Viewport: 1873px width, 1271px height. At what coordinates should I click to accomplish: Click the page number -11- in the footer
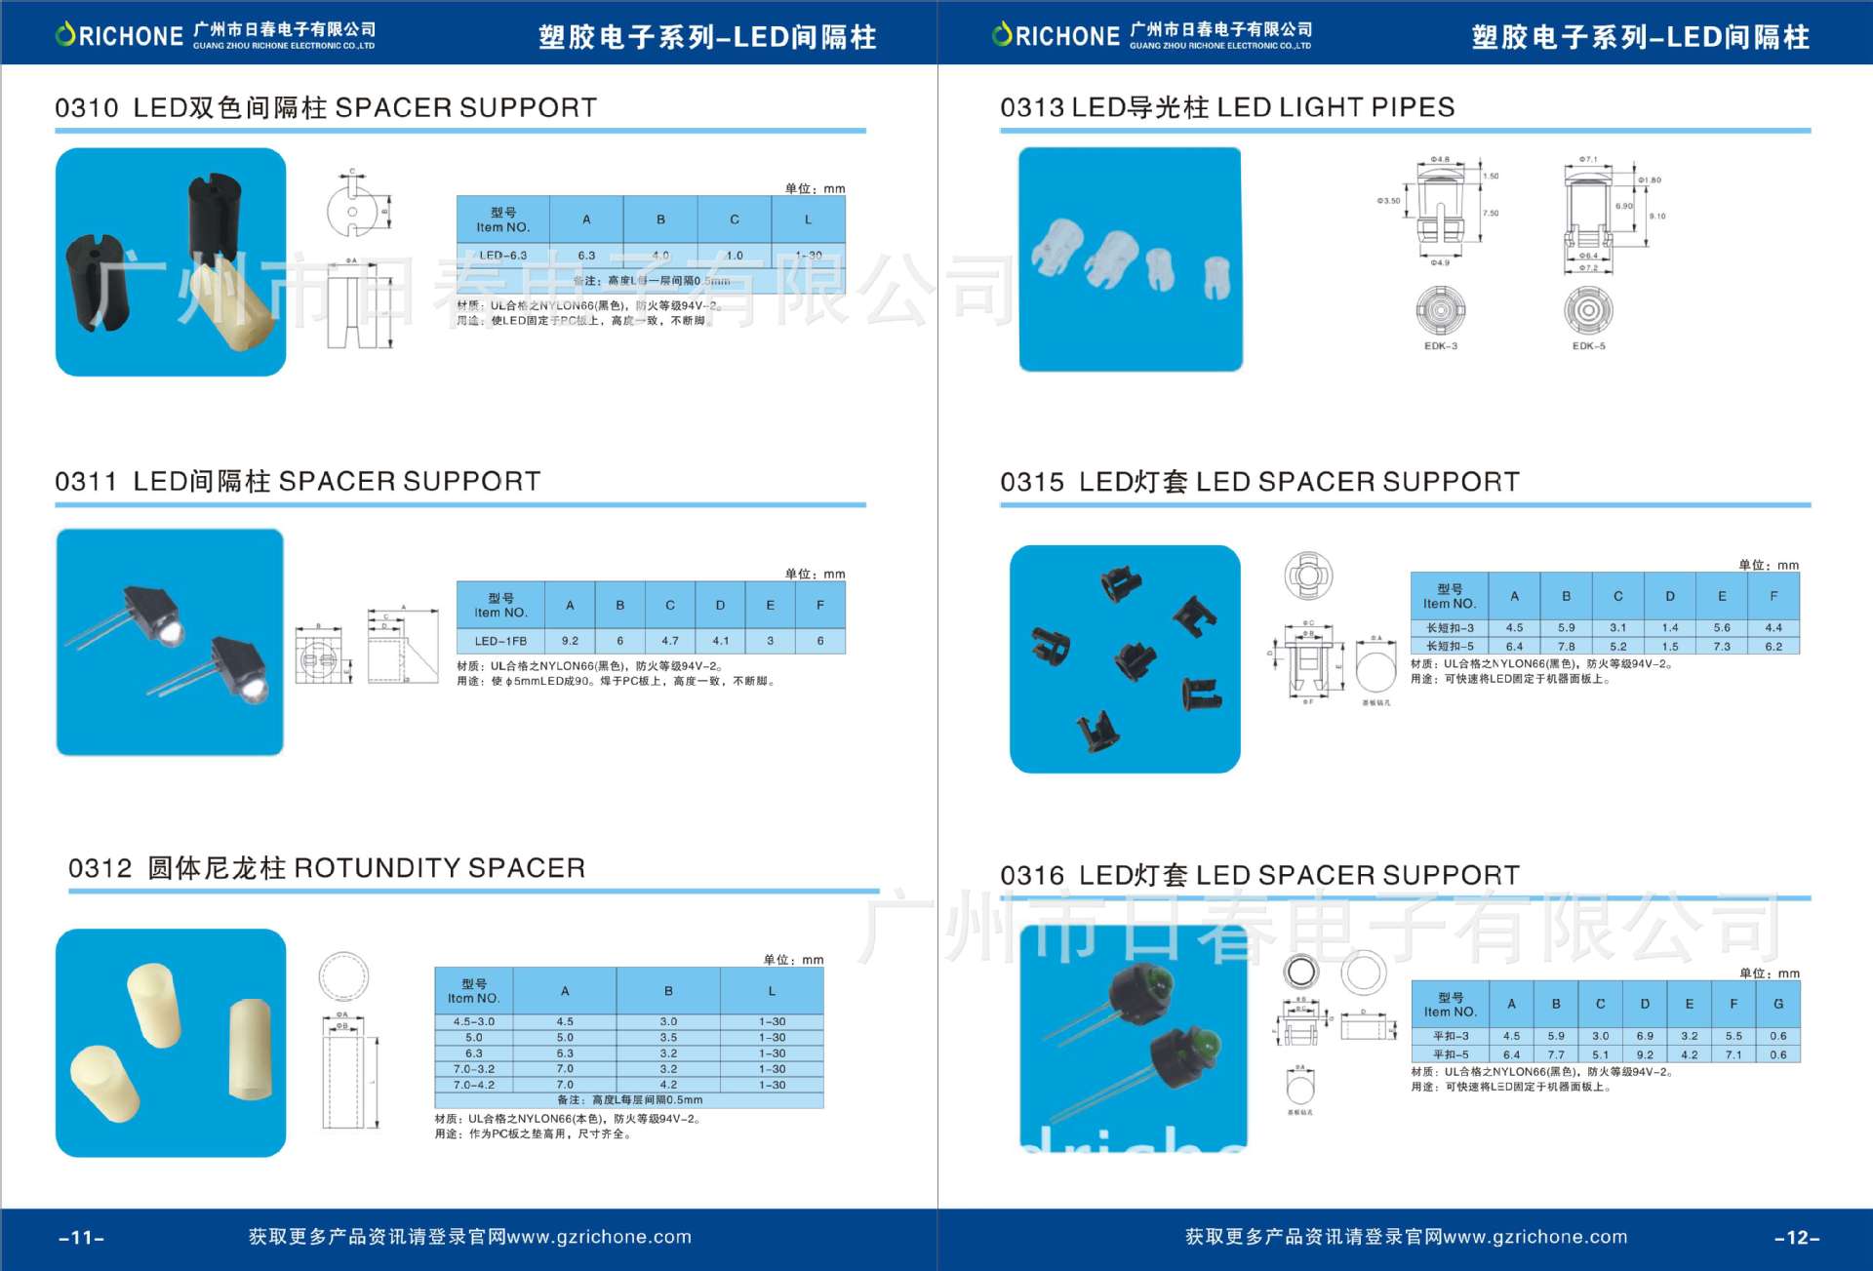point(82,1238)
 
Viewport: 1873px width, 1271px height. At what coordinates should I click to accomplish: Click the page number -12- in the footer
point(1797,1238)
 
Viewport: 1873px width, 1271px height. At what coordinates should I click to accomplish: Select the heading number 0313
point(1031,107)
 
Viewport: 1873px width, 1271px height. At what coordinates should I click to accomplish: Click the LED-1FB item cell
point(500,641)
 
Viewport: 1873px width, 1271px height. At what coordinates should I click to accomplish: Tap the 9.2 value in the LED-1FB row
point(570,641)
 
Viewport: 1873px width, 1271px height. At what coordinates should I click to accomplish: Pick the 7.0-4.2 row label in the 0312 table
point(474,1085)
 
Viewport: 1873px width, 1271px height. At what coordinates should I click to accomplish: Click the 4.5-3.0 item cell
point(474,1021)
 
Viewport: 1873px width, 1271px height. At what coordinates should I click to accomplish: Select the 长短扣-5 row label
point(1450,646)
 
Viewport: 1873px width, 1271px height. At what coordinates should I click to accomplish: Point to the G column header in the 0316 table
point(1778,1004)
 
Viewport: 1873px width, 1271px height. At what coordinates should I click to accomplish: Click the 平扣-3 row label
point(1451,1036)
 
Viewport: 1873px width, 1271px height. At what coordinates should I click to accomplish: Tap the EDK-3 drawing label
point(1441,346)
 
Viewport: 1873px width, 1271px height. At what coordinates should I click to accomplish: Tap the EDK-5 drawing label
point(1588,346)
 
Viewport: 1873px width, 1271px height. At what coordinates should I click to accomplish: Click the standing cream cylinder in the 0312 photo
point(250,1049)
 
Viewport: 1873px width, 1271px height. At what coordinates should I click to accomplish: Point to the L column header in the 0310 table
point(808,219)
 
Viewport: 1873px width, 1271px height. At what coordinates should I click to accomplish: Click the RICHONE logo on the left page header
point(120,36)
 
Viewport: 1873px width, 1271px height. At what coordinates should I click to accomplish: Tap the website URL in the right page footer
point(1535,1237)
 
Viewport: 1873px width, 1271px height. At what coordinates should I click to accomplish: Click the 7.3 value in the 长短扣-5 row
point(1722,646)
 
